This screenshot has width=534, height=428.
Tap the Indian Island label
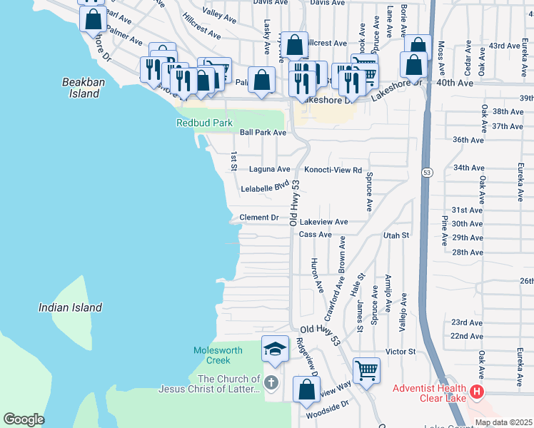tap(70, 307)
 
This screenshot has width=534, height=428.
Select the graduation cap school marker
tap(275, 349)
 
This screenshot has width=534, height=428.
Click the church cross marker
tap(271, 383)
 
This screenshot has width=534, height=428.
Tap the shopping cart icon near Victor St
tap(366, 370)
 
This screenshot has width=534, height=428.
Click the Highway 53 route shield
tap(426, 173)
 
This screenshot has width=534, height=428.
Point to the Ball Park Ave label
tap(263, 133)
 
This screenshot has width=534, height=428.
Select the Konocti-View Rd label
tap(333, 170)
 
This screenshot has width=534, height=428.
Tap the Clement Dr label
tap(258, 218)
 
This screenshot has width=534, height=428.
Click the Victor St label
tap(400, 352)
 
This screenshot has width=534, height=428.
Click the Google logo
tap(24, 419)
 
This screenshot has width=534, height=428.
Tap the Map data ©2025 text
tap(503, 422)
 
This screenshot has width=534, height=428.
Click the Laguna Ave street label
tap(269, 170)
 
